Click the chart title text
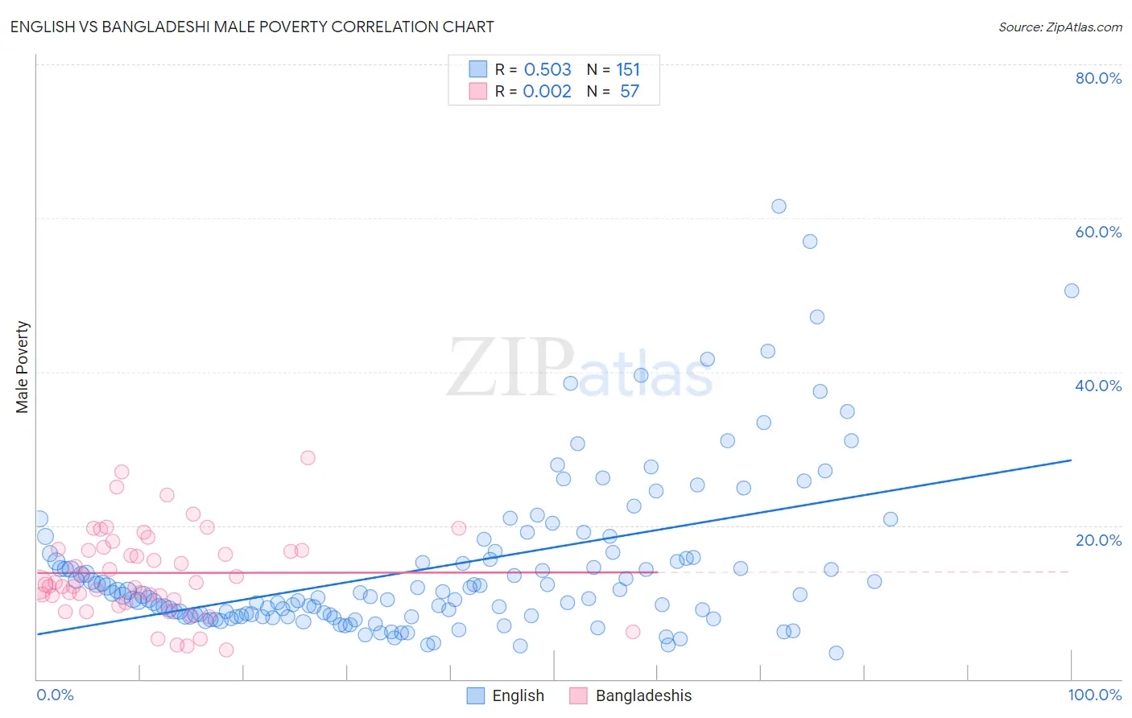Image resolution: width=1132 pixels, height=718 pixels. click(252, 27)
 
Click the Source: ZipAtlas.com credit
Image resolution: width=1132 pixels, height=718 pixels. click(1060, 27)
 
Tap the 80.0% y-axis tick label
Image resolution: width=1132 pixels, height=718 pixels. click(1098, 78)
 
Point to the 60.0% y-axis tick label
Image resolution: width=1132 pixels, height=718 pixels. click(1098, 232)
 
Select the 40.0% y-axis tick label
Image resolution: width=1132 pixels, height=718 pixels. click(1098, 386)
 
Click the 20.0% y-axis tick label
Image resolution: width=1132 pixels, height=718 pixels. click(1098, 540)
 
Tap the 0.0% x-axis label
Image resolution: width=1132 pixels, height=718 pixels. click(55, 695)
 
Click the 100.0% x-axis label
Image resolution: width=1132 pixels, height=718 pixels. click(1094, 695)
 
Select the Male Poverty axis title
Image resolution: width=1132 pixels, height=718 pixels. click(23, 367)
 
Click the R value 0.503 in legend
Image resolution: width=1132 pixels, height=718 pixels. click(547, 70)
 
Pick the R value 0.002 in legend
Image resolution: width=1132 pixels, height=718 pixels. click(547, 91)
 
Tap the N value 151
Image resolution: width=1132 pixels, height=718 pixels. click(628, 70)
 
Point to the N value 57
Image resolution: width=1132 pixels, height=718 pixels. click(629, 91)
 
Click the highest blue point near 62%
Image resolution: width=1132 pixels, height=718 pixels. click(779, 206)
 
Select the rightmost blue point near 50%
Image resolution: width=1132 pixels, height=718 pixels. click(1072, 291)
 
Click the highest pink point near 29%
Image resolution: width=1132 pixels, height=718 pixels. click(308, 457)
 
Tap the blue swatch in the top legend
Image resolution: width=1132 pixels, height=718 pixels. click(478, 69)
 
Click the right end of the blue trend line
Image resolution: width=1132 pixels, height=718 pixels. click(1071, 460)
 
